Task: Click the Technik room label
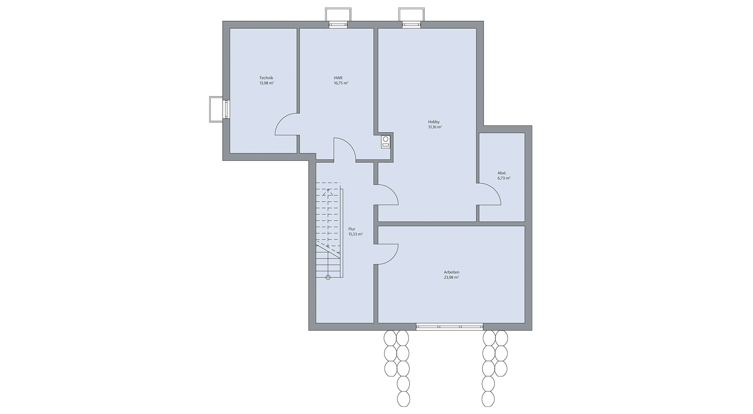tap(266, 78)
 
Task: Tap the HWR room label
tap(338, 78)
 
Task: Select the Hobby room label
tap(434, 122)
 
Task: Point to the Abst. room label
tap(502, 173)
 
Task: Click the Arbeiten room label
tap(451, 272)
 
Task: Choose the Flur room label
tap(352, 229)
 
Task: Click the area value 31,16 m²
tap(435, 127)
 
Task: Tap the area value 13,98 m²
tap(266, 83)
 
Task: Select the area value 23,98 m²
tap(451, 278)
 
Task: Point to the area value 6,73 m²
tap(504, 179)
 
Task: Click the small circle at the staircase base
tap(328, 277)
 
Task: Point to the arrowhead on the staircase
tap(328, 191)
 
